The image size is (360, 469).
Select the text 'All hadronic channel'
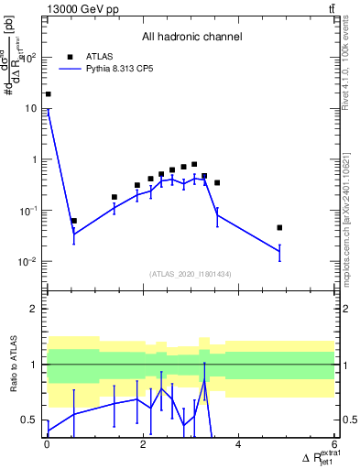tap(191, 38)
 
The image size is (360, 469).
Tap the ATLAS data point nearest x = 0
tap(48, 94)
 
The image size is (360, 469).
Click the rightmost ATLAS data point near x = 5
tap(279, 227)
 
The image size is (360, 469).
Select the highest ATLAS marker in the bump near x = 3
tap(194, 165)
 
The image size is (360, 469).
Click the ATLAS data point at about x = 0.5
tap(73, 221)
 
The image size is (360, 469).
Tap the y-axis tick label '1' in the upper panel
tap(36, 159)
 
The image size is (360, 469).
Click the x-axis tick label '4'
tap(238, 445)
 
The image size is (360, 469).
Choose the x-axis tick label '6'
tap(334, 445)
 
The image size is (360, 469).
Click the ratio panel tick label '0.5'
tap(31, 420)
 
